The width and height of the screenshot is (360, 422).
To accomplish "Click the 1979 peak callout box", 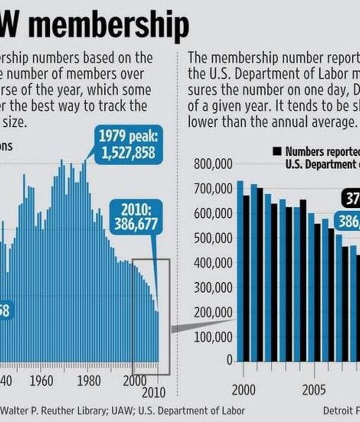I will [x=127, y=144].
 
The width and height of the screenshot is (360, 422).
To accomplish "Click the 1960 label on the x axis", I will [x=41, y=381].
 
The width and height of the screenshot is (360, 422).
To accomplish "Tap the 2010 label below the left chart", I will [x=153, y=392].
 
